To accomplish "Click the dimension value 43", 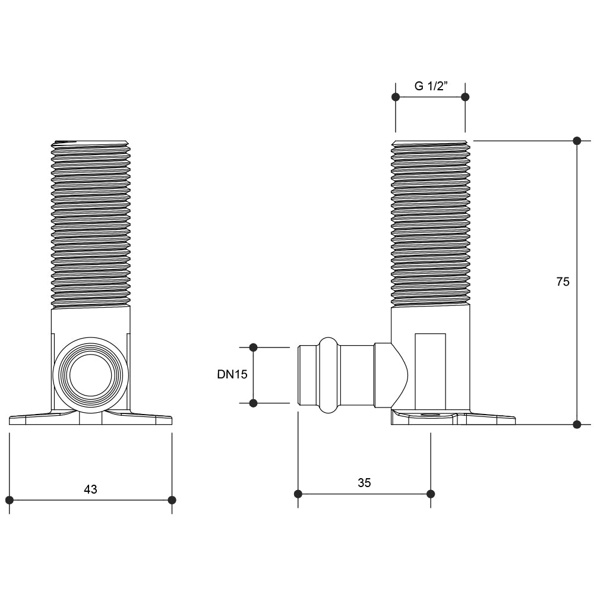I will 90,489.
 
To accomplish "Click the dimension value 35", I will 364,483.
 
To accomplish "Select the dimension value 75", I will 563,282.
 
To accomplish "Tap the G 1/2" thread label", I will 431,86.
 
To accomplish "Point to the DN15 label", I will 232,374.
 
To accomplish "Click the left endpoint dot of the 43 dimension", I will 10,500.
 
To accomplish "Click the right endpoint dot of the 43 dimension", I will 172,500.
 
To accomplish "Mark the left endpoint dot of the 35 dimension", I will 298,494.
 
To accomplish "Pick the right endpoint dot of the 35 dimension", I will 431,494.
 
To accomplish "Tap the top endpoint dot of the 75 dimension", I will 576,141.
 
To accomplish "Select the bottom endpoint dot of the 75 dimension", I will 576,424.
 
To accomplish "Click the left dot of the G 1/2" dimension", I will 396,96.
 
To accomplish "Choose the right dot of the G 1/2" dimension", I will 465,96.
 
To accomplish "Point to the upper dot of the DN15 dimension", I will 253,347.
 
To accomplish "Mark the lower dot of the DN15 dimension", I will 253,403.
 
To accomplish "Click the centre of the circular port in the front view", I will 90,375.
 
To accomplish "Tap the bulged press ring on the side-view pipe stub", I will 328,375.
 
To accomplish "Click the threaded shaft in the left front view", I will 90,224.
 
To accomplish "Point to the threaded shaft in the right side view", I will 431,224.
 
